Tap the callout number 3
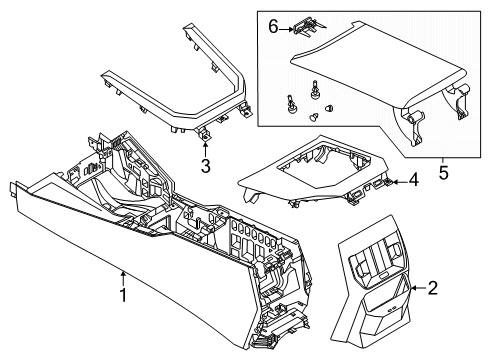point(204,165)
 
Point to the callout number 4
point(412,181)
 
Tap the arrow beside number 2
point(415,288)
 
